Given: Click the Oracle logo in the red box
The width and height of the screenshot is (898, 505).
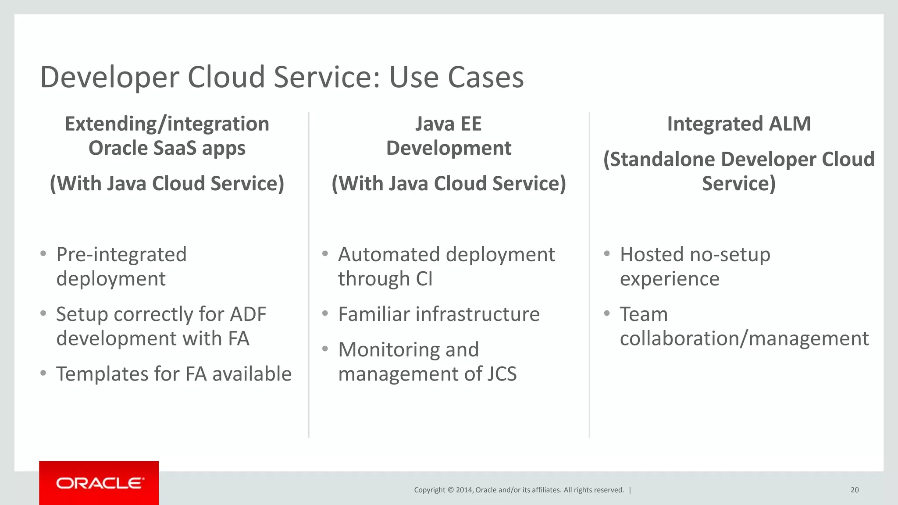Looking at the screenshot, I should (100, 483).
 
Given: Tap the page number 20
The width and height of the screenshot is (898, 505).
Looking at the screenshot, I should (854, 490).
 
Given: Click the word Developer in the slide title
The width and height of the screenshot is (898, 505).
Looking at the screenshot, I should (110, 77).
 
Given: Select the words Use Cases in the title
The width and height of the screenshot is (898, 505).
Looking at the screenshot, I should (456, 77).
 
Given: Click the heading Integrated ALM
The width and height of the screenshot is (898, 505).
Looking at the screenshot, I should (738, 124).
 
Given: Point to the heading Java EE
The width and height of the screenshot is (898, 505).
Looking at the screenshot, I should (448, 124).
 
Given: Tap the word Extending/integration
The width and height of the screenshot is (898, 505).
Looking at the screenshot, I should (167, 124).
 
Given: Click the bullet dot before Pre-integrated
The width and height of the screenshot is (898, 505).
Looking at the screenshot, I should (43, 254).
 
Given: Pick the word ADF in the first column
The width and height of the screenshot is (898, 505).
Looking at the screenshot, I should (248, 314).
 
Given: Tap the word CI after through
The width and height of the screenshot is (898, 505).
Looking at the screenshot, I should (424, 279).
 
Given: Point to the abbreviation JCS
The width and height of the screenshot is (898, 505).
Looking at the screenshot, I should (502, 374).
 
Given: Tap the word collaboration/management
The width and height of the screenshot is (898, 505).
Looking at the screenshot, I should (744, 339).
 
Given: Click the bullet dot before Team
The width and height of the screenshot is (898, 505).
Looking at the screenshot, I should (607, 313).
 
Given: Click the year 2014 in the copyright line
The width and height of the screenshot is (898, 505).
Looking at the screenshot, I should (464, 490).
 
